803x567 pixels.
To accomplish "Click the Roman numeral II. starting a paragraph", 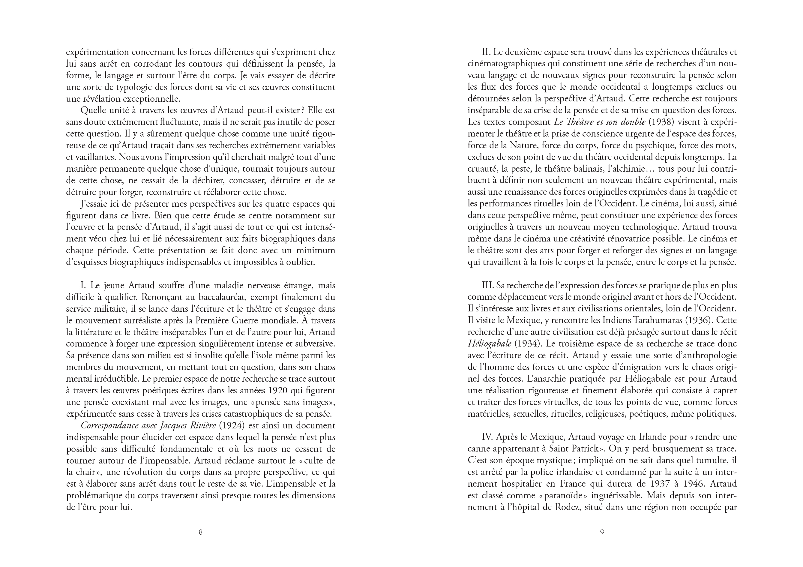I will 487,52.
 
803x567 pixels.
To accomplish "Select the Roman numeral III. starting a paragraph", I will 488,285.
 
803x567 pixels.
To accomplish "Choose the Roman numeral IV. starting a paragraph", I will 487,437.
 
